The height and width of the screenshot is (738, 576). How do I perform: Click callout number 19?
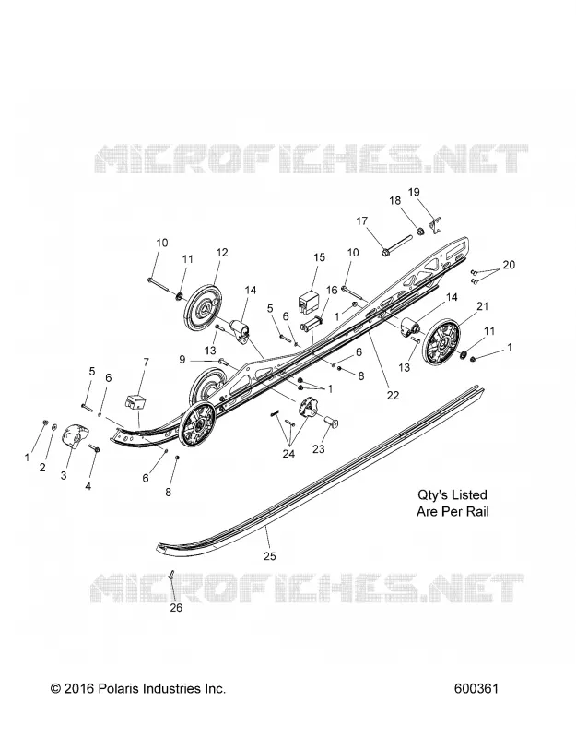pos(414,192)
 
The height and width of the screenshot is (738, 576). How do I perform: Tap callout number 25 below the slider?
pos(269,556)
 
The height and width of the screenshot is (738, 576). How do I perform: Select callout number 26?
pos(176,608)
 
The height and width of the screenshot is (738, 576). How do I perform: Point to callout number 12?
pos(222,252)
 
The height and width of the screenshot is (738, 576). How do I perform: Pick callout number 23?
pos(318,449)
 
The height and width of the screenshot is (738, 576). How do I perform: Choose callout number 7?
pos(147,362)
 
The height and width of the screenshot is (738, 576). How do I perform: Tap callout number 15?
pos(319,257)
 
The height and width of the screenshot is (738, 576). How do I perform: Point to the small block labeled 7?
pos(135,403)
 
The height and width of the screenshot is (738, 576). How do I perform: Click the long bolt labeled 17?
pos(397,245)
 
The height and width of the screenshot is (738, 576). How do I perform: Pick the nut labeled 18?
pos(421,231)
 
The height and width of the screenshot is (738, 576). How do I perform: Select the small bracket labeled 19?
pos(438,225)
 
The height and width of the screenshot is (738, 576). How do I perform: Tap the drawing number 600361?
pos(476,688)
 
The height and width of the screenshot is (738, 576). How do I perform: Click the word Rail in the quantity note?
pos(477,511)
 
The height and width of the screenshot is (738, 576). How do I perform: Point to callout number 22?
pos(393,396)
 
